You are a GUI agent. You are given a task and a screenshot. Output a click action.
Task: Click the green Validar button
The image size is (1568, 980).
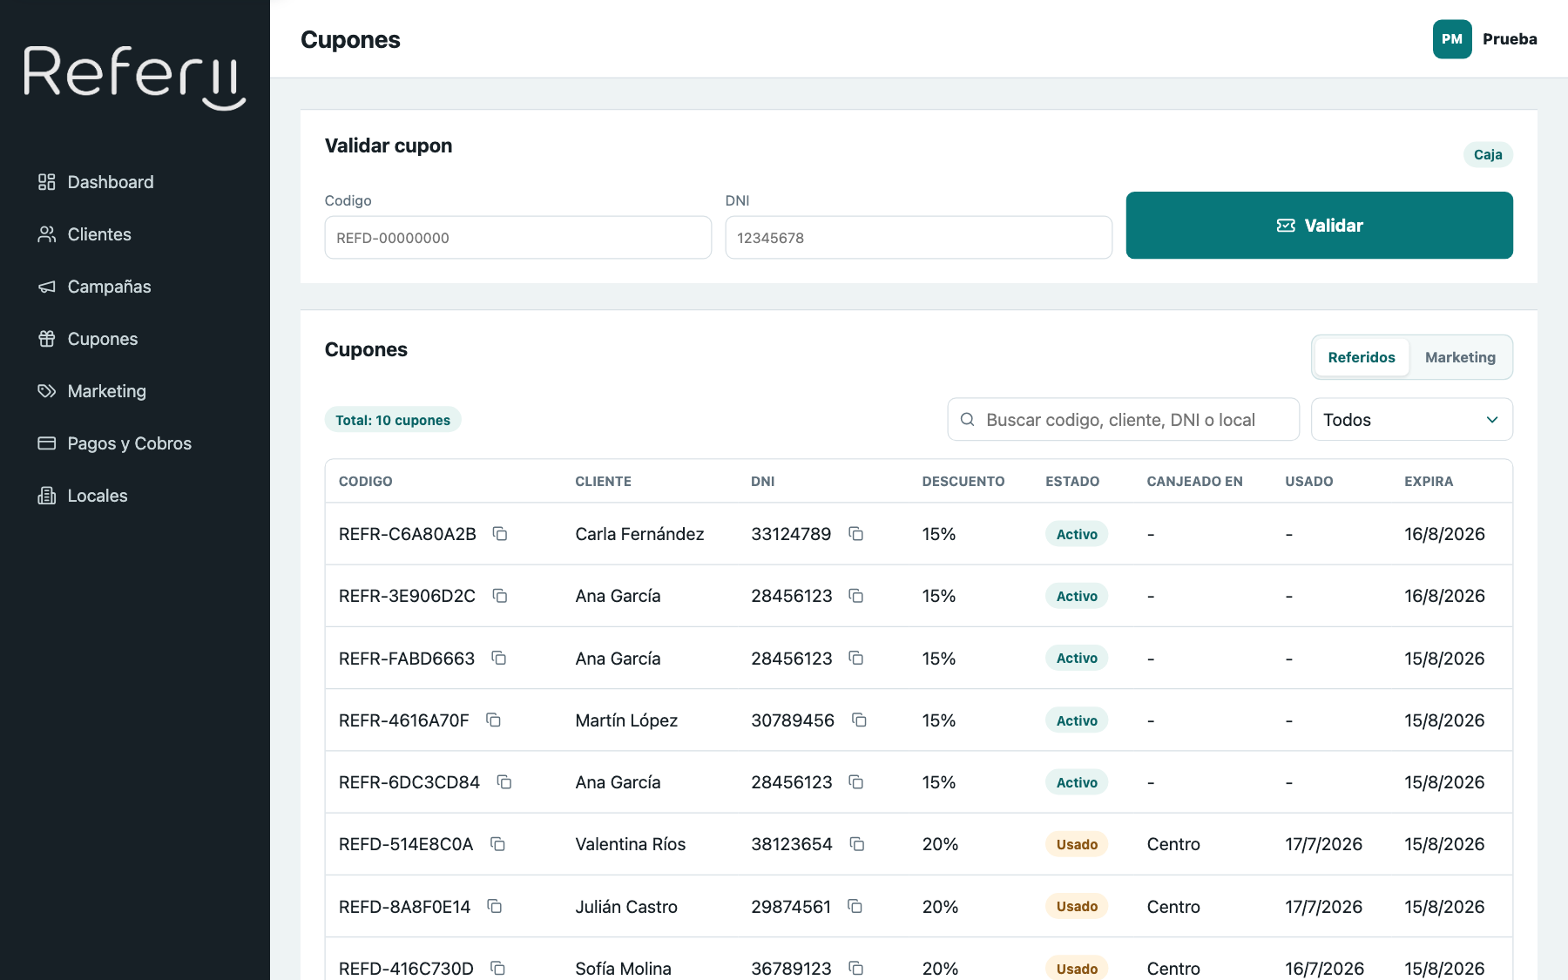click(1319, 225)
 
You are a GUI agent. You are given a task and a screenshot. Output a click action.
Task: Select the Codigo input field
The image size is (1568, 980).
click(517, 238)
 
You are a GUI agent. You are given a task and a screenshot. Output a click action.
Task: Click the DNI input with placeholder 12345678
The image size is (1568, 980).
click(918, 238)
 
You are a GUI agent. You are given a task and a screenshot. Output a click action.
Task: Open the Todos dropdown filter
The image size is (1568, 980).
click(1411, 420)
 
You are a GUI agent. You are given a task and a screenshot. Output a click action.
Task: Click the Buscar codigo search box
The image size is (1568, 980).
click(1123, 420)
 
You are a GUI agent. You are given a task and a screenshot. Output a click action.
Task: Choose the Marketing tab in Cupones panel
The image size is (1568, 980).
click(1460, 357)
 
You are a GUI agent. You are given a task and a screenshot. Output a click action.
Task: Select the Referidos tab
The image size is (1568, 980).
click(1362, 357)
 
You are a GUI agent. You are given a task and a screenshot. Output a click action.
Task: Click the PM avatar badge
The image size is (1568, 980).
click(1452, 39)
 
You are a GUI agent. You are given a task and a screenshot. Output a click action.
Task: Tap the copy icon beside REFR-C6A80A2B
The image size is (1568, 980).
click(500, 533)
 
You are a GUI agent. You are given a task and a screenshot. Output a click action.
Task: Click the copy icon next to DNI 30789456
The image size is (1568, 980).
click(859, 720)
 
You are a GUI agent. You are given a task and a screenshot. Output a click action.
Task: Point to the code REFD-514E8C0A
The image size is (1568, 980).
click(406, 844)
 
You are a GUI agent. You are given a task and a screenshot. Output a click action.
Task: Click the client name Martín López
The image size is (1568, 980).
click(626, 720)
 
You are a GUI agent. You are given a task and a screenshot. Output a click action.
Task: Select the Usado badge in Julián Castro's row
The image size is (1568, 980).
click(1077, 906)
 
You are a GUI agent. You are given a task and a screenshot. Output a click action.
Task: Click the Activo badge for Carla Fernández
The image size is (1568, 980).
click(1077, 534)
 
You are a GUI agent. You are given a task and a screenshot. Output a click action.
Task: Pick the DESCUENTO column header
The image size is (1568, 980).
click(963, 481)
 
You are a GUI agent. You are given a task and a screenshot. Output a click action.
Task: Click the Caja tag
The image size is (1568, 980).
click(1488, 154)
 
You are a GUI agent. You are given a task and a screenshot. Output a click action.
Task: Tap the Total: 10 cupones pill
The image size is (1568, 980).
click(393, 420)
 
